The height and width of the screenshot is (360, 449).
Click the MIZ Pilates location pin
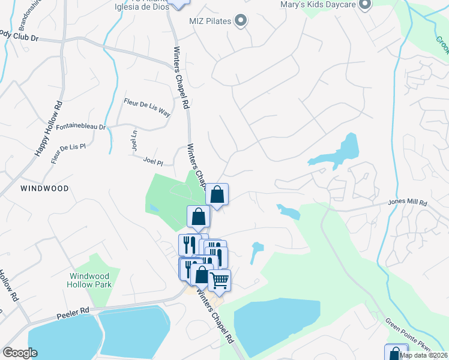(x=241, y=21)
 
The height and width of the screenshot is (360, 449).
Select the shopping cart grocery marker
(x=220, y=280)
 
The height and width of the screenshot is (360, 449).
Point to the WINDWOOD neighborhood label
(x=44, y=188)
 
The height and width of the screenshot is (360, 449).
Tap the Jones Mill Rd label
(x=408, y=203)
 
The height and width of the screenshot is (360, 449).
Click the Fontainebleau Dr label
(x=80, y=127)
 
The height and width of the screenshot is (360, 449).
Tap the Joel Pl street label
(x=154, y=160)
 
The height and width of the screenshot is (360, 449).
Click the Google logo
(x=20, y=353)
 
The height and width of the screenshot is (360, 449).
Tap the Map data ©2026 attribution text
(x=423, y=355)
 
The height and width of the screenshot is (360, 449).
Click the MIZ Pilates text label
(x=211, y=22)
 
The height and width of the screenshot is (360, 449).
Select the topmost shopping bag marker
(x=217, y=194)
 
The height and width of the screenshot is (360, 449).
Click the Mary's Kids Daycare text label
(x=318, y=5)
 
